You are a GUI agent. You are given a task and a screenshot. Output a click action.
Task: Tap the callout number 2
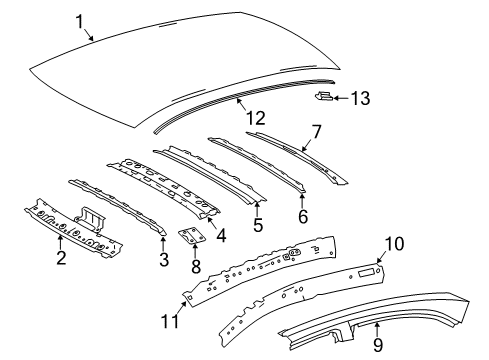[x=62, y=259]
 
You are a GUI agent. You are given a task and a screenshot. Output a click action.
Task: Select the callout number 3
[x=163, y=261]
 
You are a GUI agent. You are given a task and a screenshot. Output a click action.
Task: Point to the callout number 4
[x=221, y=236]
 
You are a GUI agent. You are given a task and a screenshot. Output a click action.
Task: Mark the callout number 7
[x=316, y=131]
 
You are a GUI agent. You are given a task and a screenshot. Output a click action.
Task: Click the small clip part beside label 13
[x=324, y=96]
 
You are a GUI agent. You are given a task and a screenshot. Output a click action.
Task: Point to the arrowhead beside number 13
[x=337, y=97]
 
